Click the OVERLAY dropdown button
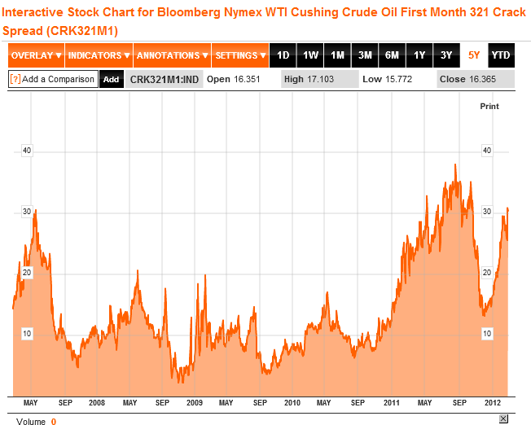(36, 55)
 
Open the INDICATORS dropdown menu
(99, 55)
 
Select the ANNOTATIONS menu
(172, 55)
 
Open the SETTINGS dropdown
(240, 55)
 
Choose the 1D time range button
(283, 55)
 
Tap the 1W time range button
(310, 55)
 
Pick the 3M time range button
(365, 55)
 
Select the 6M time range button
(392, 55)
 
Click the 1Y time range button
(419, 55)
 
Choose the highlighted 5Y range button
(474, 55)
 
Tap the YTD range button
(502, 55)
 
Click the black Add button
(111, 79)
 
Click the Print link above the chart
(489, 106)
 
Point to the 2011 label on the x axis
(392, 403)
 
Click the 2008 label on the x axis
(97, 403)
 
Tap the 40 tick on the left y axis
(27, 150)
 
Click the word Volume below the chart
(31, 421)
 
